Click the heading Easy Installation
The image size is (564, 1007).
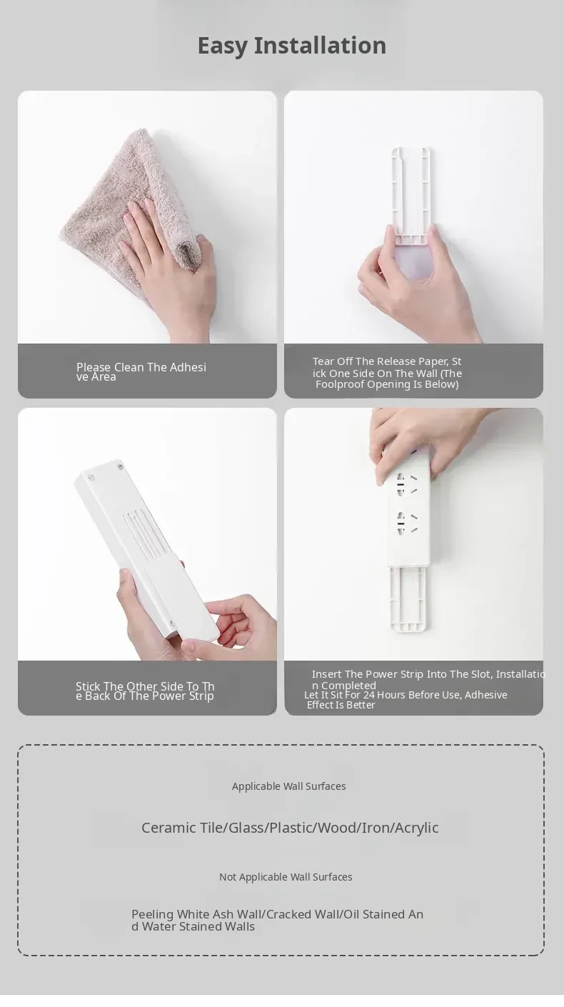coord(292,46)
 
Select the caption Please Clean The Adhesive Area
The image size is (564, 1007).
coord(141,372)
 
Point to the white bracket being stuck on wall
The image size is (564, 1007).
coord(411,194)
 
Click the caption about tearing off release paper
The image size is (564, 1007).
coord(387,373)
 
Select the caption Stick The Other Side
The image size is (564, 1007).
coord(145,691)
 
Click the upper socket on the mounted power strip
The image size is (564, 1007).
coord(407,485)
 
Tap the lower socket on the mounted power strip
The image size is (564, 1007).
coord(407,523)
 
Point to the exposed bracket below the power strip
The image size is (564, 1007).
coord(408,598)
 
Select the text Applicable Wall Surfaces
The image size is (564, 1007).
coord(289,786)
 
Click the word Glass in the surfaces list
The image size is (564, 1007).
coord(246,828)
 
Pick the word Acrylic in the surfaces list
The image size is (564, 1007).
coord(417,828)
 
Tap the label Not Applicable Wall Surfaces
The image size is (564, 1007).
coord(286,876)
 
